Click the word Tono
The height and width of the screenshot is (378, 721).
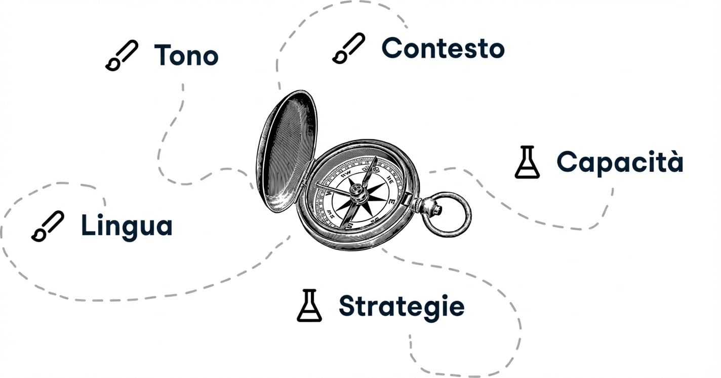coord(186,55)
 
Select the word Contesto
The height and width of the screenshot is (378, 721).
coord(443,48)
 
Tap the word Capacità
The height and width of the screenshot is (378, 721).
coord(620,162)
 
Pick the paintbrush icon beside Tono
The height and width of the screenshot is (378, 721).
coord(122,55)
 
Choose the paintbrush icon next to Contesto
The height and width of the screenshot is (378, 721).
coord(348,48)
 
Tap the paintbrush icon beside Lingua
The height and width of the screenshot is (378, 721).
coord(48,226)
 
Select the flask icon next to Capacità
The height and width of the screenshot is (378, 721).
coord(527,162)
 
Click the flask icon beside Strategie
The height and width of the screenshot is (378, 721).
coord(309,306)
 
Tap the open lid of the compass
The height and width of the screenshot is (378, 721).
coord(287,151)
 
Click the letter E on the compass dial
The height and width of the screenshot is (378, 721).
coord(392,202)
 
